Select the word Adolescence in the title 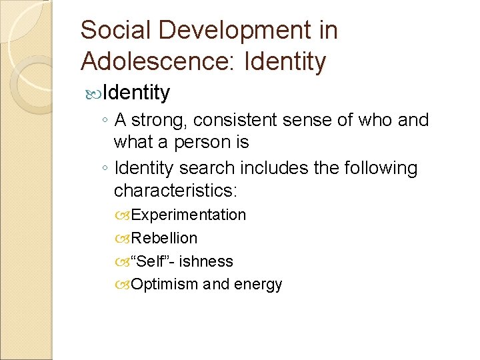[x=158, y=62]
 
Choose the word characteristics [x=175, y=191]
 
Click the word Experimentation [x=189, y=215]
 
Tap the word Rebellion [x=164, y=238]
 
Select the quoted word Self [x=151, y=261]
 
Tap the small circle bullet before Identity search [x=106, y=169]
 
